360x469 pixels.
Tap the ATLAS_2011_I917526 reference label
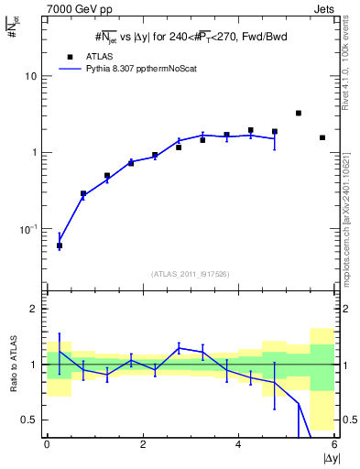click(x=190, y=274)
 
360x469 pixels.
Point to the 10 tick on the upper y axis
click(x=30, y=76)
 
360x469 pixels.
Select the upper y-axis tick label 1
click(x=34, y=152)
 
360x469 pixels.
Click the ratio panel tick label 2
click(x=34, y=310)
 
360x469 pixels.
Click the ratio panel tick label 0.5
click(x=29, y=420)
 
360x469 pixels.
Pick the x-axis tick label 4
click(x=238, y=444)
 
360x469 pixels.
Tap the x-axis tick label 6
click(x=333, y=444)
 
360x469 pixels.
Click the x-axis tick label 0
click(x=47, y=444)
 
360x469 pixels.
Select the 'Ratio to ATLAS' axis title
click(x=12, y=365)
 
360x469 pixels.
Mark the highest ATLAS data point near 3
click(x=299, y=113)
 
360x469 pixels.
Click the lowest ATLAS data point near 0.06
click(x=60, y=245)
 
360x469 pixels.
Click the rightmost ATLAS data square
click(x=322, y=137)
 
